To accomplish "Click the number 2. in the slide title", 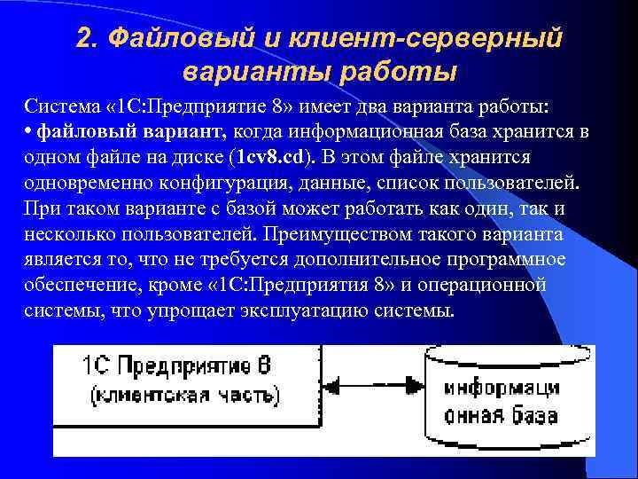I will point(88,37).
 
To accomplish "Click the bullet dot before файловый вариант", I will point(28,132).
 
